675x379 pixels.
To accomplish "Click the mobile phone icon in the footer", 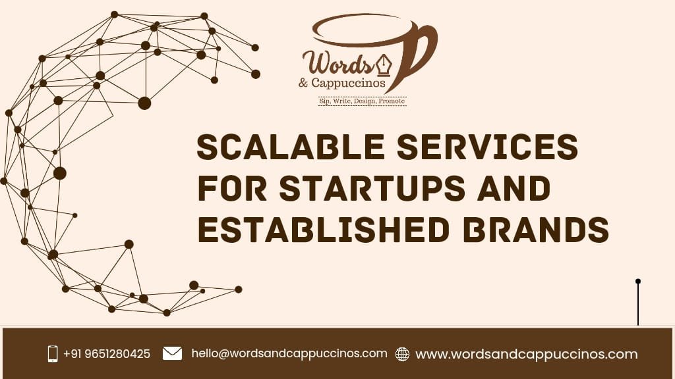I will (x=53, y=353).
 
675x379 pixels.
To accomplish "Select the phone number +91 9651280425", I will (x=107, y=354).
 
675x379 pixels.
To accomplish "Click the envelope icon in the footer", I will (x=172, y=353).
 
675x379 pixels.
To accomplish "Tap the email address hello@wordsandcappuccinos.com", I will (x=289, y=353).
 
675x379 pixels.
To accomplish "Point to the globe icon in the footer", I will (x=402, y=354).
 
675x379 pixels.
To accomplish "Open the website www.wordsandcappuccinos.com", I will (x=526, y=354).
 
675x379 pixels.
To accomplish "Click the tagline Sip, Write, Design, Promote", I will (x=362, y=101).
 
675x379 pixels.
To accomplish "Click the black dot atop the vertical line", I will (x=638, y=282).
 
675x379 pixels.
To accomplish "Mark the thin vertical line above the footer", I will (x=638, y=306).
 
